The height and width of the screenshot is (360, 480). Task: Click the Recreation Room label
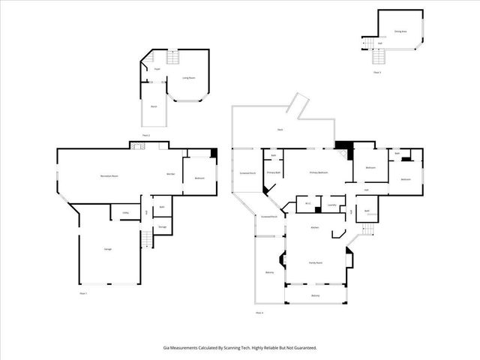click(x=111, y=175)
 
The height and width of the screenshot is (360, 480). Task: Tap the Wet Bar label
click(x=171, y=174)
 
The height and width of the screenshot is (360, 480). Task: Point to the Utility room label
click(x=124, y=213)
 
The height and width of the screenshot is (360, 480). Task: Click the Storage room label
click(x=162, y=226)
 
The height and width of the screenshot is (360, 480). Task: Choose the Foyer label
click(x=157, y=69)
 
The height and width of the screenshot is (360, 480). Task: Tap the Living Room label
click(x=189, y=76)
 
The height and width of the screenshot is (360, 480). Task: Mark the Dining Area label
click(x=400, y=31)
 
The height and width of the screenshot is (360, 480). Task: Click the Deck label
click(x=280, y=130)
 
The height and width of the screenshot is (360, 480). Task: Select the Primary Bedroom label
click(x=319, y=172)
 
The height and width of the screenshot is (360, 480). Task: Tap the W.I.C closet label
click(x=308, y=204)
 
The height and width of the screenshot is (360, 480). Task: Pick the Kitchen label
click(x=316, y=226)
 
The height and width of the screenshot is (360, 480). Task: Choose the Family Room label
click(x=315, y=262)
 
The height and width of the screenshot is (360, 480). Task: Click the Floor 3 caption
click(x=377, y=72)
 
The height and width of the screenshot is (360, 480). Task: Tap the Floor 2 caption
click(x=145, y=135)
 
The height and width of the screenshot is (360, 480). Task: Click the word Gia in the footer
click(x=166, y=347)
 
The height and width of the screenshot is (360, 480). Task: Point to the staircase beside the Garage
click(x=146, y=240)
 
